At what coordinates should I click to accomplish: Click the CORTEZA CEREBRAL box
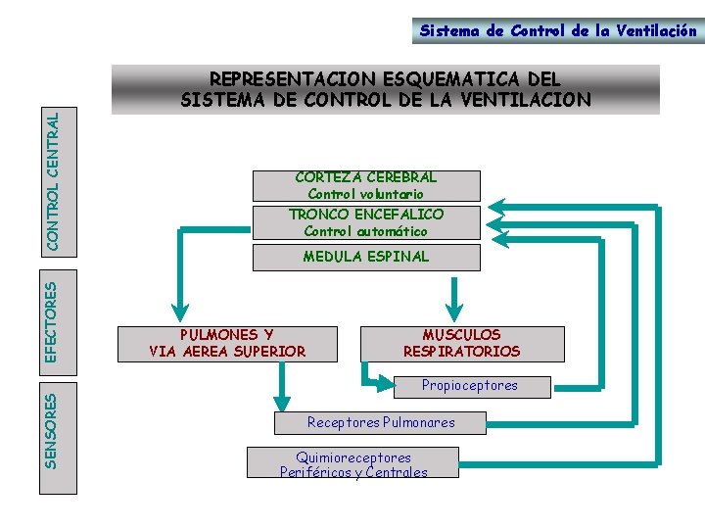pos(366,185)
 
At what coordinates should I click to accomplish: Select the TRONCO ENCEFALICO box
pos(366,222)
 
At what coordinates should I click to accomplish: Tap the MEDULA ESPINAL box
pos(366,257)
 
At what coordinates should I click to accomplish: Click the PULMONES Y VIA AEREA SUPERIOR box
pos(227,343)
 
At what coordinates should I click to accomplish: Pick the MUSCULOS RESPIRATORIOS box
pos(462,343)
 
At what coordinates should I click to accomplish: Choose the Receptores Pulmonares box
pos(381,422)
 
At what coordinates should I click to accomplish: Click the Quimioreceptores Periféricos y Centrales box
pos(353,464)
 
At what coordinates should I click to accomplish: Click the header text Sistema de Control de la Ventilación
pos(558,30)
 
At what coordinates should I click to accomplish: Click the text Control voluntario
pos(365,195)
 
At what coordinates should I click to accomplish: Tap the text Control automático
pos(365,232)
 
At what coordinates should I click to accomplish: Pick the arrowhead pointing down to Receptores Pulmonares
pos(282,399)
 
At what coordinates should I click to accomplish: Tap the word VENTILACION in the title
pos(537,100)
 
